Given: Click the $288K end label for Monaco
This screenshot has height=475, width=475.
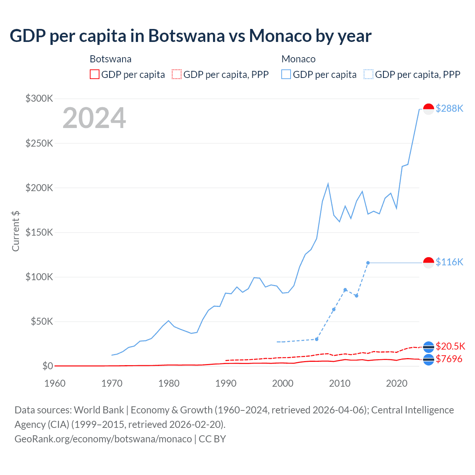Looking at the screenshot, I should pyautogui.click(x=449, y=108).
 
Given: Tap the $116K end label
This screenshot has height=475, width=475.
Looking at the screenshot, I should pyautogui.click(x=449, y=262).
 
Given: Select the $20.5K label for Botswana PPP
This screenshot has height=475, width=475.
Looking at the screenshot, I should pyautogui.click(x=450, y=346).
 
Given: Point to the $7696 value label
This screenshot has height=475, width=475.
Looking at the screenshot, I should pyautogui.click(x=449, y=359).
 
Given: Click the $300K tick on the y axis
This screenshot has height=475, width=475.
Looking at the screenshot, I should pyautogui.click(x=39, y=98).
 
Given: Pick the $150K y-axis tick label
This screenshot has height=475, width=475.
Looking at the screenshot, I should pyautogui.click(x=39, y=232).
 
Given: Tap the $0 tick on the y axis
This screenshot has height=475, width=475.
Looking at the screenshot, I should pyautogui.click(x=47, y=366).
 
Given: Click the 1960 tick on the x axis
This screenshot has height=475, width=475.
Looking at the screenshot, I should pyautogui.click(x=55, y=383).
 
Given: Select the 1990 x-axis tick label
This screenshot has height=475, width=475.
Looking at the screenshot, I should pyautogui.click(x=226, y=383).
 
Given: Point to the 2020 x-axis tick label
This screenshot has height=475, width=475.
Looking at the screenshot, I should pyautogui.click(x=397, y=383).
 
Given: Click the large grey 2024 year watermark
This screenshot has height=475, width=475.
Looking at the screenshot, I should pyautogui.click(x=94, y=118).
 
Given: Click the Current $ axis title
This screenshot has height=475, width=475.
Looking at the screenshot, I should pyautogui.click(x=16, y=231).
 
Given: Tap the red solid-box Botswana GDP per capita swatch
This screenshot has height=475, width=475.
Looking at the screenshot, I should pyautogui.click(x=95, y=74).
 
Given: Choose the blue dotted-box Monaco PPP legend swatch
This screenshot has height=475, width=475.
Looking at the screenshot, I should pyautogui.click(x=368, y=74).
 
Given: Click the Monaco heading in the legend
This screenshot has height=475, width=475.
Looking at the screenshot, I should pyautogui.click(x=298, y=59).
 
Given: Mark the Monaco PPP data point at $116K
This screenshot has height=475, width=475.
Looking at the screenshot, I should pyautogui.click(x=368, y=263).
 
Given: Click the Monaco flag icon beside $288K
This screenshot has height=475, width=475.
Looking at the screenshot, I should pyautogui.click(x=429, y=109).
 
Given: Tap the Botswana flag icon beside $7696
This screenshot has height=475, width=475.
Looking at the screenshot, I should pyautogui.click(x=429, y=360).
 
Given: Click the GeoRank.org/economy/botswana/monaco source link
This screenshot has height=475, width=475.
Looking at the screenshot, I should pyautogui.click(x=103, y=439).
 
